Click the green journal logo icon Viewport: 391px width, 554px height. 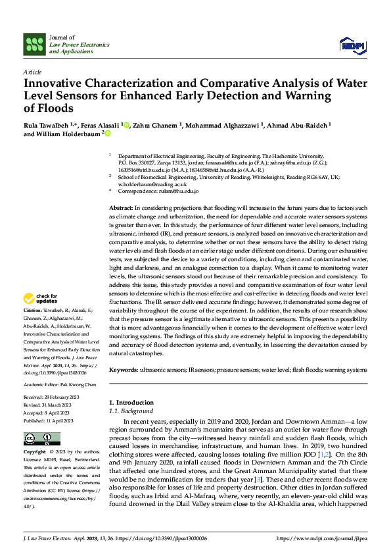click(x=34, y=45)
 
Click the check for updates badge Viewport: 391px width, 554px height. click(x=41, y=299)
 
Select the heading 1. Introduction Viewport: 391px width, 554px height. click(x=131, y=402)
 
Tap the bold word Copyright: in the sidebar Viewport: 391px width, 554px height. click(x=34, y=453)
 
